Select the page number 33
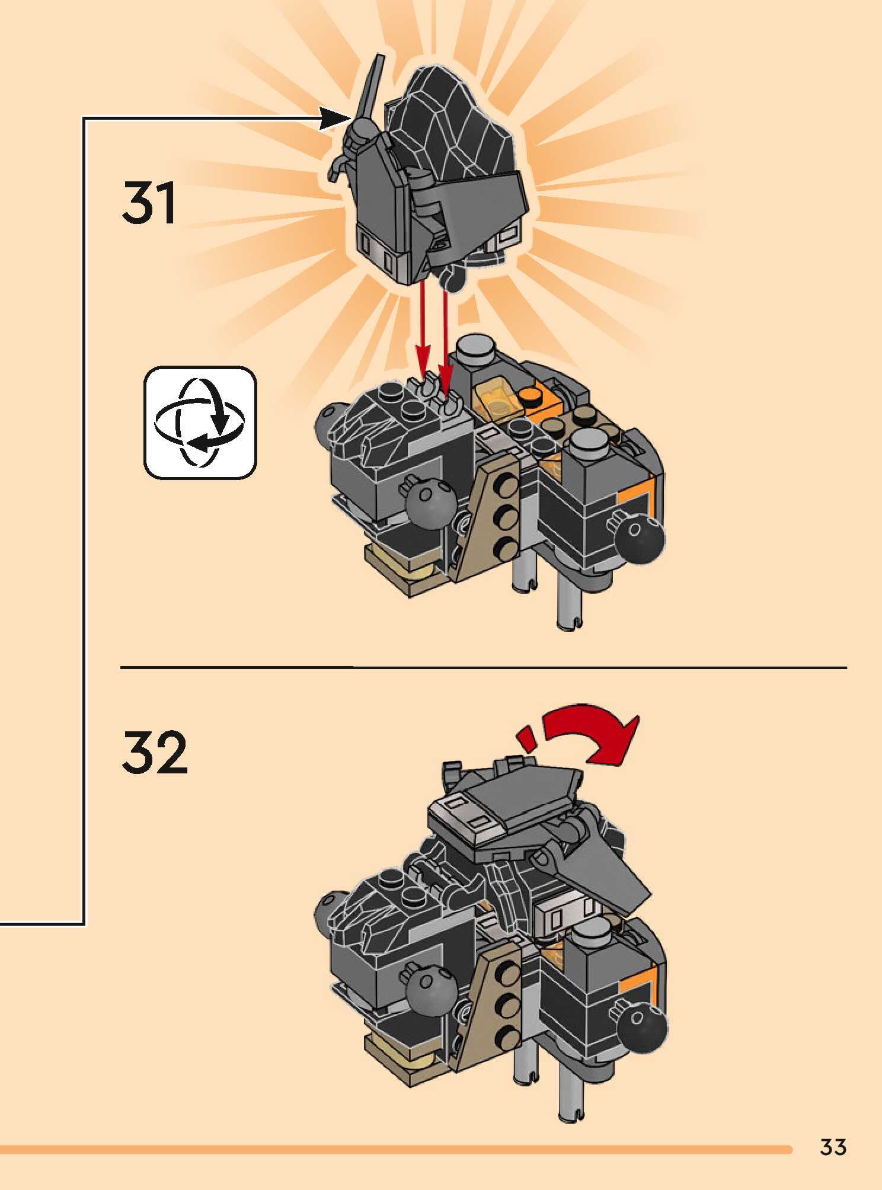pos(833,1147)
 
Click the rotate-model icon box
pos(200,422)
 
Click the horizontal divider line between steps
pos(483,667)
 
